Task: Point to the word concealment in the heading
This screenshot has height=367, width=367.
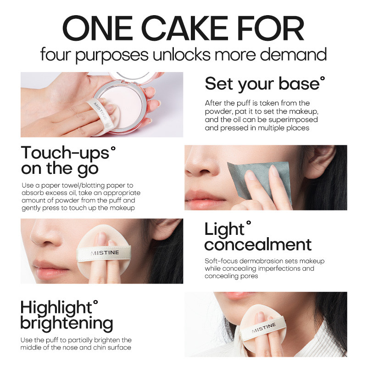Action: pyautogui.click(x=258, y=245)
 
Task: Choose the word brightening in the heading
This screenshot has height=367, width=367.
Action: pyautogui.click(x=67, y=324)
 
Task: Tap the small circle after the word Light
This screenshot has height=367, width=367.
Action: pyautogui.click(x=249, y=223)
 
